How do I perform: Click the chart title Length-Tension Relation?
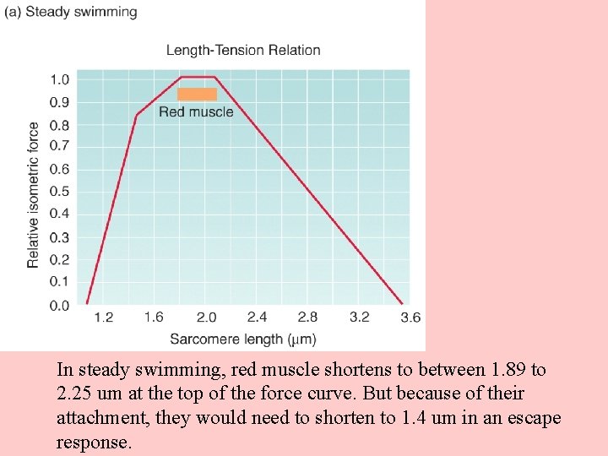(243, 50)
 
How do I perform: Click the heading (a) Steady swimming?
(70, 12)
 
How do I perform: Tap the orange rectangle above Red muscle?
(197, 94)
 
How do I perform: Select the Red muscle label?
(196, 111)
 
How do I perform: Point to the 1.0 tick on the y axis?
(60, 79)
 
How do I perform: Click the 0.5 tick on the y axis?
(60, 192)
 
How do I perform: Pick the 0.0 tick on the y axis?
(60, 306)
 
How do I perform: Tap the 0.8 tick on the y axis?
(60, 125)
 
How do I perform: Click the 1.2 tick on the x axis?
(103, 318)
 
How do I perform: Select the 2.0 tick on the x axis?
(206, 318)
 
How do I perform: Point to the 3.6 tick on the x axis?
(410, 318)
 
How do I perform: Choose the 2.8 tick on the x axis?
(308, 318)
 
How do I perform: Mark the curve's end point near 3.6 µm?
(402, 303)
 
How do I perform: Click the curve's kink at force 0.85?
(137, 115)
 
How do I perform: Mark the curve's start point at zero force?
(87, 303)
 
